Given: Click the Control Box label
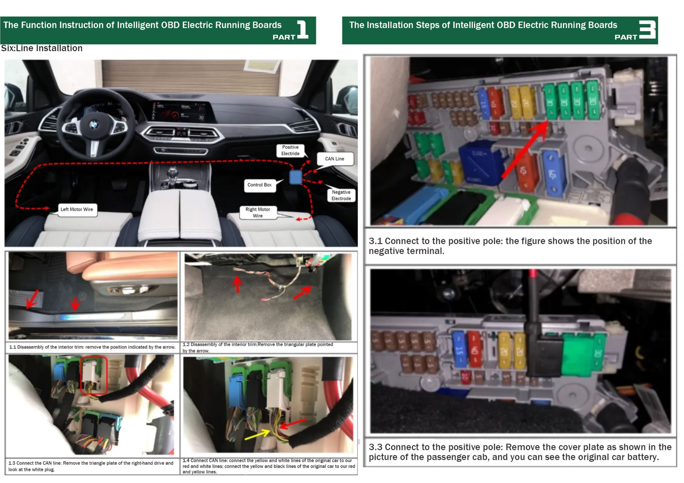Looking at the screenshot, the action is (260, 185).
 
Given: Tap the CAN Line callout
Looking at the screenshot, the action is (334, 159).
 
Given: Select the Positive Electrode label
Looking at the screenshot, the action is (290, 150).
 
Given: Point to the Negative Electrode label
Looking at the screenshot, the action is (341, 195).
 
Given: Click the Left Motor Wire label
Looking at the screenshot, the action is (77, 210).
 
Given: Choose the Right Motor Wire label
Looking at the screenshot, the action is (258, 213).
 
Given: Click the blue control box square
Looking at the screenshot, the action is (295, 177).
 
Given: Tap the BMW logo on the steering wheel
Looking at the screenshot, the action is (94, 125).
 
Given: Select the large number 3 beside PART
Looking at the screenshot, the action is (647, 29).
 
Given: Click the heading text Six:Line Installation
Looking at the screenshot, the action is (42, 48).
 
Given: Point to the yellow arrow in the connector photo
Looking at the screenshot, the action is (258, 434).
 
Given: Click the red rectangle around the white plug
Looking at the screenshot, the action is (94, 375).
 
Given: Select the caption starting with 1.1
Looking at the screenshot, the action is (92, 347).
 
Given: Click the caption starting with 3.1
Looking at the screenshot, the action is (510, 246).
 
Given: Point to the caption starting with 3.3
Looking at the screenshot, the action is (520, 452).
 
